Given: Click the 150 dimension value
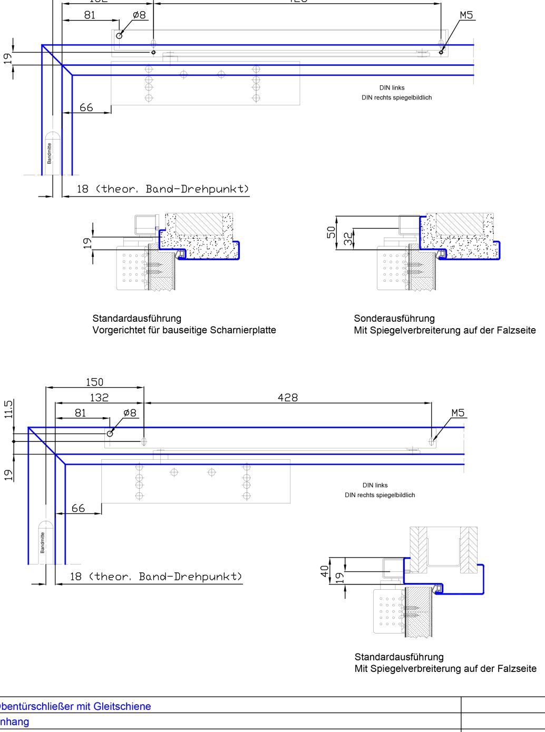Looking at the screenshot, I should [x=95, y=382].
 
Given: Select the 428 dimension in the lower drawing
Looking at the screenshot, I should [x=288, y=398].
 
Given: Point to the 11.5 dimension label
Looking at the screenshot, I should [x=8, y=409].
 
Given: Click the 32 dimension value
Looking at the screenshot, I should [x=348, y=239].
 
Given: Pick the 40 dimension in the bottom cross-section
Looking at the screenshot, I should [x=325, y=571].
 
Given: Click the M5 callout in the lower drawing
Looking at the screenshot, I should [x=458, y=413].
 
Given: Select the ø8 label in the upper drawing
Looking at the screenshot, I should [x=139, y=15].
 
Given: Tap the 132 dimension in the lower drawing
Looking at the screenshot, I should [x=99, y=398].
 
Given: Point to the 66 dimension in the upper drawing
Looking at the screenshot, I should [x=86, y=107].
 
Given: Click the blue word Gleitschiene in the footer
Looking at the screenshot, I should [x=123, y=706].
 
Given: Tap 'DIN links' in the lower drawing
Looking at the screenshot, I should [x=375, y=485].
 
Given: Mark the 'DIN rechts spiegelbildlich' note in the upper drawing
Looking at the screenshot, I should [x=396, y=97].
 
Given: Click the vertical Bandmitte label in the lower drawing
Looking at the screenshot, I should [x=43, y=542].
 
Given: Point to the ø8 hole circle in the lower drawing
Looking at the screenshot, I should [x=110, y=433].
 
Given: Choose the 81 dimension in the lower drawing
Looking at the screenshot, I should [x=81, y=413].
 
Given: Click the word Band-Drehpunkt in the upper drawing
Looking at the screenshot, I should [x=196, y=189].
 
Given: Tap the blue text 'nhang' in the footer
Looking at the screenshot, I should [x=14, y=721].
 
